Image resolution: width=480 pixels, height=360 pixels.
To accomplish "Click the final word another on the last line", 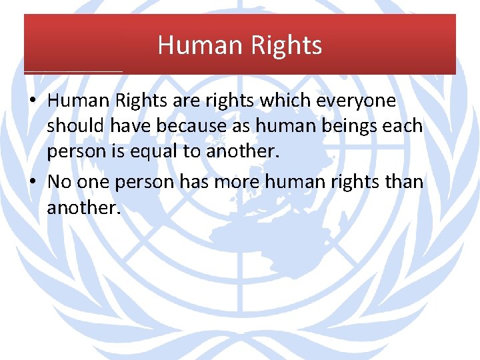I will [x=83, y=208].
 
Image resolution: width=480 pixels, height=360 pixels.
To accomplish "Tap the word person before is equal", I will [x=75, y=152].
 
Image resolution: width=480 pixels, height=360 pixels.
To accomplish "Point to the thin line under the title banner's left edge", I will [x=73, y=71].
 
